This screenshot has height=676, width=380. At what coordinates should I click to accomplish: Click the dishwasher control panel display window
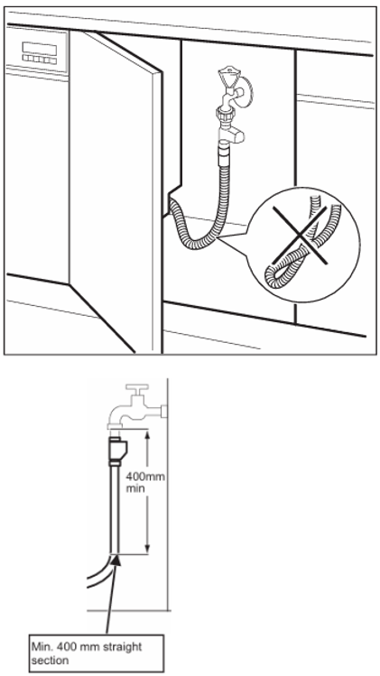(39, 48)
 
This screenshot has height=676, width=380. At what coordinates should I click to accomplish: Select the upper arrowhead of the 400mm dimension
(147, 434)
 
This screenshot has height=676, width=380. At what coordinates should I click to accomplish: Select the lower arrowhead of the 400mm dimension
(147, 548)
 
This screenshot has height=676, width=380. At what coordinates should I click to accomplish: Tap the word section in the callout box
(50, 660)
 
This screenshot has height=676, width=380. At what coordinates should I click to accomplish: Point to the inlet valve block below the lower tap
(116, 450)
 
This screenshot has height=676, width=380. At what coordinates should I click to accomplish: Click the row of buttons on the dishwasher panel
(40, 60)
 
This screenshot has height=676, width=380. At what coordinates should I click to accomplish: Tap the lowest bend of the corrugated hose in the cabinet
(202, 245)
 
